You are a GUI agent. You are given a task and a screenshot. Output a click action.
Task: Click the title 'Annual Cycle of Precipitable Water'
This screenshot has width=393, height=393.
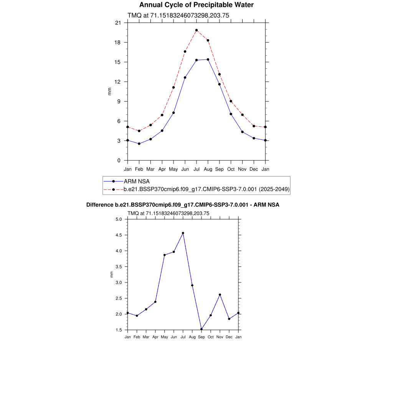click(x=196, y=5)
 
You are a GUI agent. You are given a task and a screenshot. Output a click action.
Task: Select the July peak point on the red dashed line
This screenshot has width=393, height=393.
click(x=196, y=30)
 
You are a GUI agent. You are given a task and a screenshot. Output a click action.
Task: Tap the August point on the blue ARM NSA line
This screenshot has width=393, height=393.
click(x=208, y=59)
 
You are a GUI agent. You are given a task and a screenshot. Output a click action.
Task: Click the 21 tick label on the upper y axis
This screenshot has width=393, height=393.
click(x=118, y=23)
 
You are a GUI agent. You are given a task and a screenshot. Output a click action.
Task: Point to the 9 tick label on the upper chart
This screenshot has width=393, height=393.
click(x=119, y=101)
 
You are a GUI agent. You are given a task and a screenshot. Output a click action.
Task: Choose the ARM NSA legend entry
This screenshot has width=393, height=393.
click(x=137, y=181)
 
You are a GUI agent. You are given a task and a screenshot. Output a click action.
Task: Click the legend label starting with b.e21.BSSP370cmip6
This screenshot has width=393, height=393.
click(x=206, y=189)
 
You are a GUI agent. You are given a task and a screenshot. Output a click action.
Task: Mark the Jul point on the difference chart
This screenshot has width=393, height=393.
click(x=183, y=233)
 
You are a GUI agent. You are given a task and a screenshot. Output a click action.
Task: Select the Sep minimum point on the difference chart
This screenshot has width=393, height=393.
click(x=201, y=329)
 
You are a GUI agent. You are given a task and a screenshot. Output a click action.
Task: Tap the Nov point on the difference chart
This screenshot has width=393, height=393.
click(x=220, y=295)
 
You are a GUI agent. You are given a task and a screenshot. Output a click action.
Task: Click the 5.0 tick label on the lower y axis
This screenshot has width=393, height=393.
click(x=118, y=220)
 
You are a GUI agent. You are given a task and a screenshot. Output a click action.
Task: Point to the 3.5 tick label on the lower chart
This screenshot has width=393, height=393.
click(x=118, y=267)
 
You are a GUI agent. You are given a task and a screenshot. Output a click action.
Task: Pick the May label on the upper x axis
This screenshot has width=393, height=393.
click(x=173, y=169)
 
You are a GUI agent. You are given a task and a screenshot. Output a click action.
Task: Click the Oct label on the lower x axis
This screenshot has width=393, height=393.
click(x=211, y=337)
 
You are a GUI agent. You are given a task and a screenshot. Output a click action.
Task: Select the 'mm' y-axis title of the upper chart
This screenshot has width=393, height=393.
click(x=109, y=91)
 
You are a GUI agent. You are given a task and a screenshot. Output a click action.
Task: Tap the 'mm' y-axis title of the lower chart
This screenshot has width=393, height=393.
click(x=112, y=274)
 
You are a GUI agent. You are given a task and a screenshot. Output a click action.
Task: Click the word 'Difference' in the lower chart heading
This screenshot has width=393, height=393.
click(x=100, y=205)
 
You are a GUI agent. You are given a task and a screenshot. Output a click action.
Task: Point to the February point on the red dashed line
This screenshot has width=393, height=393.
click(x=139, y=131)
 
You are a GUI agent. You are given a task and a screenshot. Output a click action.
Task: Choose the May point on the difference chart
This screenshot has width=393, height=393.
click(x=165, y=255)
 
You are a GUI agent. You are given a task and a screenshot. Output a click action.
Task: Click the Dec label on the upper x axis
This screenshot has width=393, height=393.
click(x=254, y=169)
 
